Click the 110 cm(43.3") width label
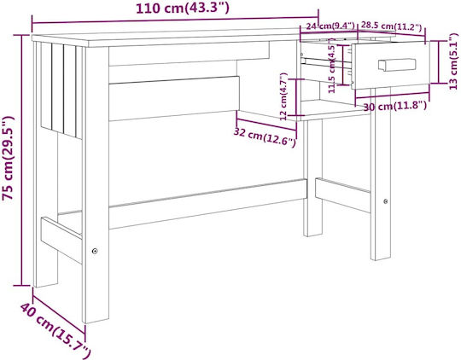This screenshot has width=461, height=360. click(183, 9)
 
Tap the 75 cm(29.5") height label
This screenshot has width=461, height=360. click(8, 159)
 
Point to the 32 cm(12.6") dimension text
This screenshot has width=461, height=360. click(265, 137)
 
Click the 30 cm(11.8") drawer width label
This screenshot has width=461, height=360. click(395, 106)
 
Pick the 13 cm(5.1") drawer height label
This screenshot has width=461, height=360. click(453, 61)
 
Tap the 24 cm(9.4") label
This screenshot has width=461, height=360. click(330, 26)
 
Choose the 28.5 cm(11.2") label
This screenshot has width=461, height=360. click(391, 26)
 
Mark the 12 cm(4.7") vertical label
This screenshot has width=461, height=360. click(283, 96)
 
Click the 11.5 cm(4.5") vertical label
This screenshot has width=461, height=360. click(332, 69)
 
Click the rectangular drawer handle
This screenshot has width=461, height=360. click(397, 65)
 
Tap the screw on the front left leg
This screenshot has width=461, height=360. click(95, 251)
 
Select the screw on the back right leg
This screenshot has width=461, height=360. click(385, 201)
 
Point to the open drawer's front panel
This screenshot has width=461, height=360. click(391, 65)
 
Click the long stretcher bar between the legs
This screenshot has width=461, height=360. click(208, 204)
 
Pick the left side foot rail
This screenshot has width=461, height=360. click(61, 240)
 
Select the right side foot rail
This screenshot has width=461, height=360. click(343, 195)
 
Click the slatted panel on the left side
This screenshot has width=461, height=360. click(61, 90)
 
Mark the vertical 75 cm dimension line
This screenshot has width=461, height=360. click(21, 160)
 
